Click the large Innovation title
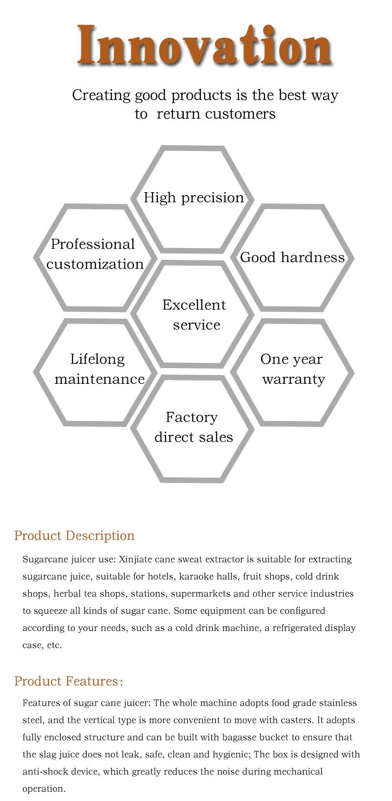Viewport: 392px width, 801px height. (x=205, y=45)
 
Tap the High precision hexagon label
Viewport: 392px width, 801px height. (x=194, y=198)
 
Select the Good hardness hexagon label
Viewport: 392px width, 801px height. (x=292, y=257)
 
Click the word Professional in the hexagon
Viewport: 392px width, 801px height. (x=93, y=244)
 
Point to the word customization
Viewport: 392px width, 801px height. (x=95, y=264)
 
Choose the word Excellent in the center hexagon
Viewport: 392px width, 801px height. (x=194, y=305)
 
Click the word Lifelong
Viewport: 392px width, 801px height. (x=98, y=359)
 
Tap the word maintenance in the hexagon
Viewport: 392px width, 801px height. (x=99, y=379)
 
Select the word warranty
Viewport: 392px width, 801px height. (x=294, y=379)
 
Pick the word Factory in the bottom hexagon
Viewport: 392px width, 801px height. (x=192, y=417)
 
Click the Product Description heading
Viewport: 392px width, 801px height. (x=74, y=535)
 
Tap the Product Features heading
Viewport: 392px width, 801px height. (x=68, y=681)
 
